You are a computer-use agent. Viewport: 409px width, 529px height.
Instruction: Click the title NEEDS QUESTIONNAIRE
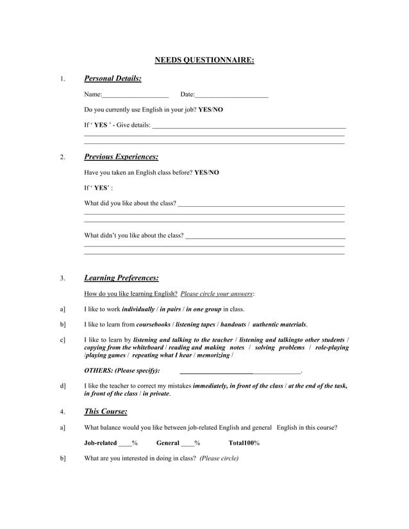point(204,61)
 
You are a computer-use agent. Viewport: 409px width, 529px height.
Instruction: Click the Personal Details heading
point(113,79)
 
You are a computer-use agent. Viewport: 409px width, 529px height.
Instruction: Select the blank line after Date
point(231,95)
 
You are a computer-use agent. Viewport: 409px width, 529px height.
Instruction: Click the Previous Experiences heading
point(121,157)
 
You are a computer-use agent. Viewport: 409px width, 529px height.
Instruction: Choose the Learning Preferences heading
point(121,278)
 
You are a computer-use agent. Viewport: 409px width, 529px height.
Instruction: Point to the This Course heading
point(106,411)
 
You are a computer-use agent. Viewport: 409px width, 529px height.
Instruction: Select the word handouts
point(233,325)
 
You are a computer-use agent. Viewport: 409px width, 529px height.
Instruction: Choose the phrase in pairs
point(171,309)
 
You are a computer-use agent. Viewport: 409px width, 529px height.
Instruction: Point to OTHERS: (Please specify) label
point(122,371)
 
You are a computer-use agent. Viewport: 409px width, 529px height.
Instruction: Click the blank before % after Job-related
point(125,443)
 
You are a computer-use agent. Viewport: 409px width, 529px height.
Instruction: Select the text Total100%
point(244,443)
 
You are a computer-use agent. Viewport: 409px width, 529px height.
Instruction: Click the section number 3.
point(62,279)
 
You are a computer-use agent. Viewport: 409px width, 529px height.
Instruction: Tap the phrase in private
point(156,394)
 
